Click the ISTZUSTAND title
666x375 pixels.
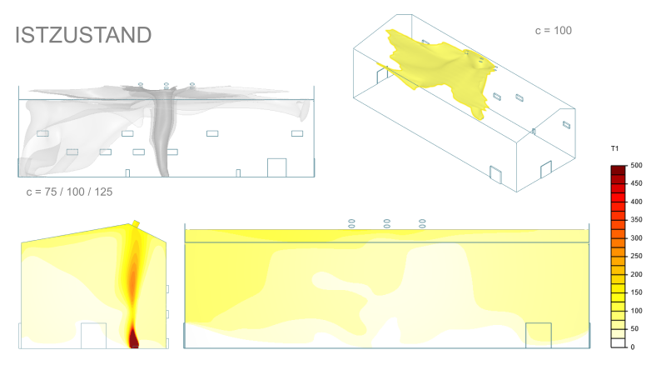83,35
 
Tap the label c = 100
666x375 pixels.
554,31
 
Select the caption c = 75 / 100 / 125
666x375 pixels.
69,192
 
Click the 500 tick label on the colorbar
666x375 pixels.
636,165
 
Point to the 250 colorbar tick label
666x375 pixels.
636,256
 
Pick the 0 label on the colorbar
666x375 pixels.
633,347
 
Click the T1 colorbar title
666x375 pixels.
614,148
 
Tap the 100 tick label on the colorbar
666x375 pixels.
636,311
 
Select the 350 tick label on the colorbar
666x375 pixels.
636,220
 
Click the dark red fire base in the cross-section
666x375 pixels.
134,339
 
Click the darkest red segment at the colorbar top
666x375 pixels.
619,170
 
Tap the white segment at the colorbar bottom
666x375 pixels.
619,343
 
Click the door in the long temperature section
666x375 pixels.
539,336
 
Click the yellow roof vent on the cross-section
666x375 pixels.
136,223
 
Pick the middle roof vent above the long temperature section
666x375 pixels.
387,223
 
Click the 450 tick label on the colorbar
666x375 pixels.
636,183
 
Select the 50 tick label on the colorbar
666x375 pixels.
634,328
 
